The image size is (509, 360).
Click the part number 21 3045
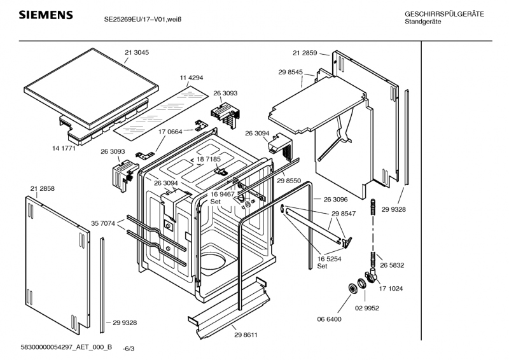point(137,52)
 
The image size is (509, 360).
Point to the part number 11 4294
point(191,78)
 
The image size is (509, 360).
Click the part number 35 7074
point(103,223)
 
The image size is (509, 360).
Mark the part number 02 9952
point(367,307)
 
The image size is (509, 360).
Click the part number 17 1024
point(392,288)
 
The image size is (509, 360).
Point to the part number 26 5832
point(392,265)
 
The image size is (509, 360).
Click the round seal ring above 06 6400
point(352,289)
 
